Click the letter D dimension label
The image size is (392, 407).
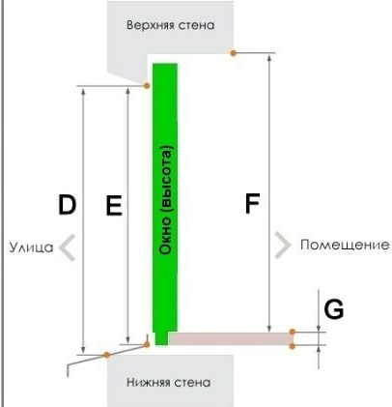(67, 205)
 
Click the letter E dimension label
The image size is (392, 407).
(114, 205)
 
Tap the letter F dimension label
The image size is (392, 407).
(252, 203)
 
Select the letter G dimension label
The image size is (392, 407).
(334, 309)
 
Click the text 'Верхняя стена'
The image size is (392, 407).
(170, 25)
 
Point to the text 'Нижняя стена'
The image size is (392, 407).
(169, 383)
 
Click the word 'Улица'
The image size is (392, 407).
(31, 247)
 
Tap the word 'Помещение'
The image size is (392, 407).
(345, 245)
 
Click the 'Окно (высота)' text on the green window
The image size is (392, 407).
(166, 200)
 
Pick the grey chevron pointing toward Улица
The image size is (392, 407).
(67, 247)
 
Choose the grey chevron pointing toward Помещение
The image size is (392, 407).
(283, 245)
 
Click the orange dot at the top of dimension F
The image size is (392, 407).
(233, 53)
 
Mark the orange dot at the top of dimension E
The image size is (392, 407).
(147, 86)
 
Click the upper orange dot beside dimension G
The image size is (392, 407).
(293, 332)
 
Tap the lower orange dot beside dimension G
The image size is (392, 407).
(293, 346)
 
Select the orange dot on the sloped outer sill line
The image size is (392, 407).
(106, 355)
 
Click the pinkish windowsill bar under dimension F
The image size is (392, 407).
(231, 339)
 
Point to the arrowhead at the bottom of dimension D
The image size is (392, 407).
(83, 350)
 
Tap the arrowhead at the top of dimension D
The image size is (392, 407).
(83, 92)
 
